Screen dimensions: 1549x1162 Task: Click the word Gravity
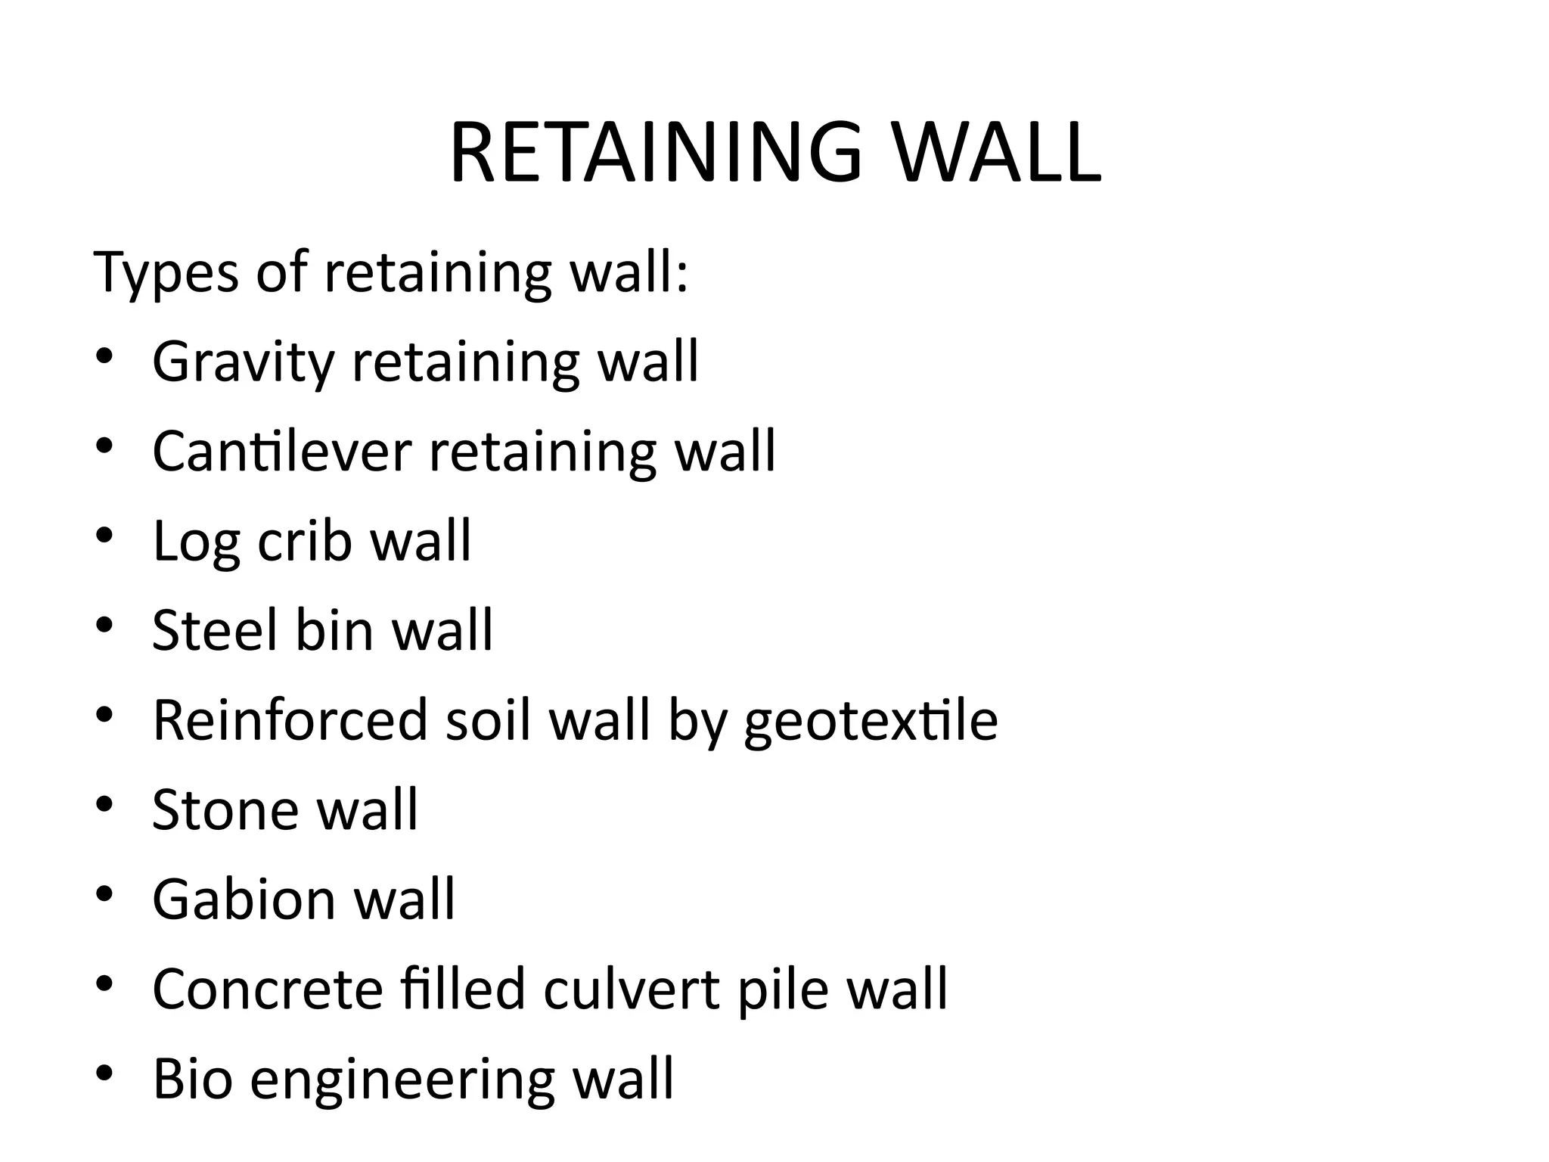(x=243, y=362)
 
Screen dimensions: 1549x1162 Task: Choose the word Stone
(x=225, y=810)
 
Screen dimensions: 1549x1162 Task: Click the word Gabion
(x=244, y=899)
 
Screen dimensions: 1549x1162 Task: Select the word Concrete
(x=268, y=990)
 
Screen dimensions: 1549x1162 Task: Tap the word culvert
(x=631, y=990)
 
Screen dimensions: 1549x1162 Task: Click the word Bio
(x=192, y=1079)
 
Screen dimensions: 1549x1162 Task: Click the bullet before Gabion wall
(x=104, y=896)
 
